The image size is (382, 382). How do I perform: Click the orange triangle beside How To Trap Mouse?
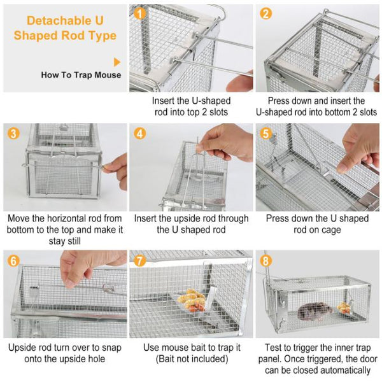click(x=117, y=62)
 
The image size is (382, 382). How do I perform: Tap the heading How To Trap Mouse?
click(x=81, y=75)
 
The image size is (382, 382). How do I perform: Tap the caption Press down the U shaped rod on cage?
click(x=317, y=224)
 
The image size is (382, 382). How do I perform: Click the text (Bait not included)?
click(x=191, y=359)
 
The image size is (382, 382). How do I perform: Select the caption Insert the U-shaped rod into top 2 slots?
click(x=191, y=106)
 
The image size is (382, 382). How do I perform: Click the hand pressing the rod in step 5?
click(x=360, y=146)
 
